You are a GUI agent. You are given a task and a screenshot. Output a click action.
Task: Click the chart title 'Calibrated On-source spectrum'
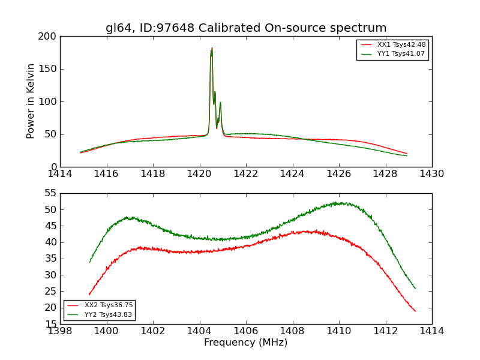(x=246, y=28)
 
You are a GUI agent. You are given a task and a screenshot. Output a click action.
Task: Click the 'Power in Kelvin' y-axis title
(x=31, y=101)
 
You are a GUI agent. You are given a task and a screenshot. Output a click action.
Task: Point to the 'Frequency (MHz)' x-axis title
(x=245, y=343)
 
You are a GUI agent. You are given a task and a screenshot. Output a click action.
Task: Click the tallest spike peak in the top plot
(x=212, y=48)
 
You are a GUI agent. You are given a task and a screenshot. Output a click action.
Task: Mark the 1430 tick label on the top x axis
(x=431, y=173)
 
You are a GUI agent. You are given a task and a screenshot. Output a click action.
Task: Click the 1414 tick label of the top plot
(x=60, y=173)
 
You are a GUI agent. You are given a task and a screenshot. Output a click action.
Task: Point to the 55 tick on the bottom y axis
(x=50, y=193)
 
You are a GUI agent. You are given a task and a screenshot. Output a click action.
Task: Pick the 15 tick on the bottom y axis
(x=50, y=324)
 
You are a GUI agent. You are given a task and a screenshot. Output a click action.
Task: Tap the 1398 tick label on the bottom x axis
(x=60, y=331)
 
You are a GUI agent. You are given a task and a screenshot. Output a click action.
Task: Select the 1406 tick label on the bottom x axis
(x=246, y=331)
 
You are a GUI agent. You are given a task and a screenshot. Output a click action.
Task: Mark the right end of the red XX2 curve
(x=415, y=311)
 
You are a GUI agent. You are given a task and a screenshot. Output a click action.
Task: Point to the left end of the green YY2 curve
(x=89, y=262)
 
